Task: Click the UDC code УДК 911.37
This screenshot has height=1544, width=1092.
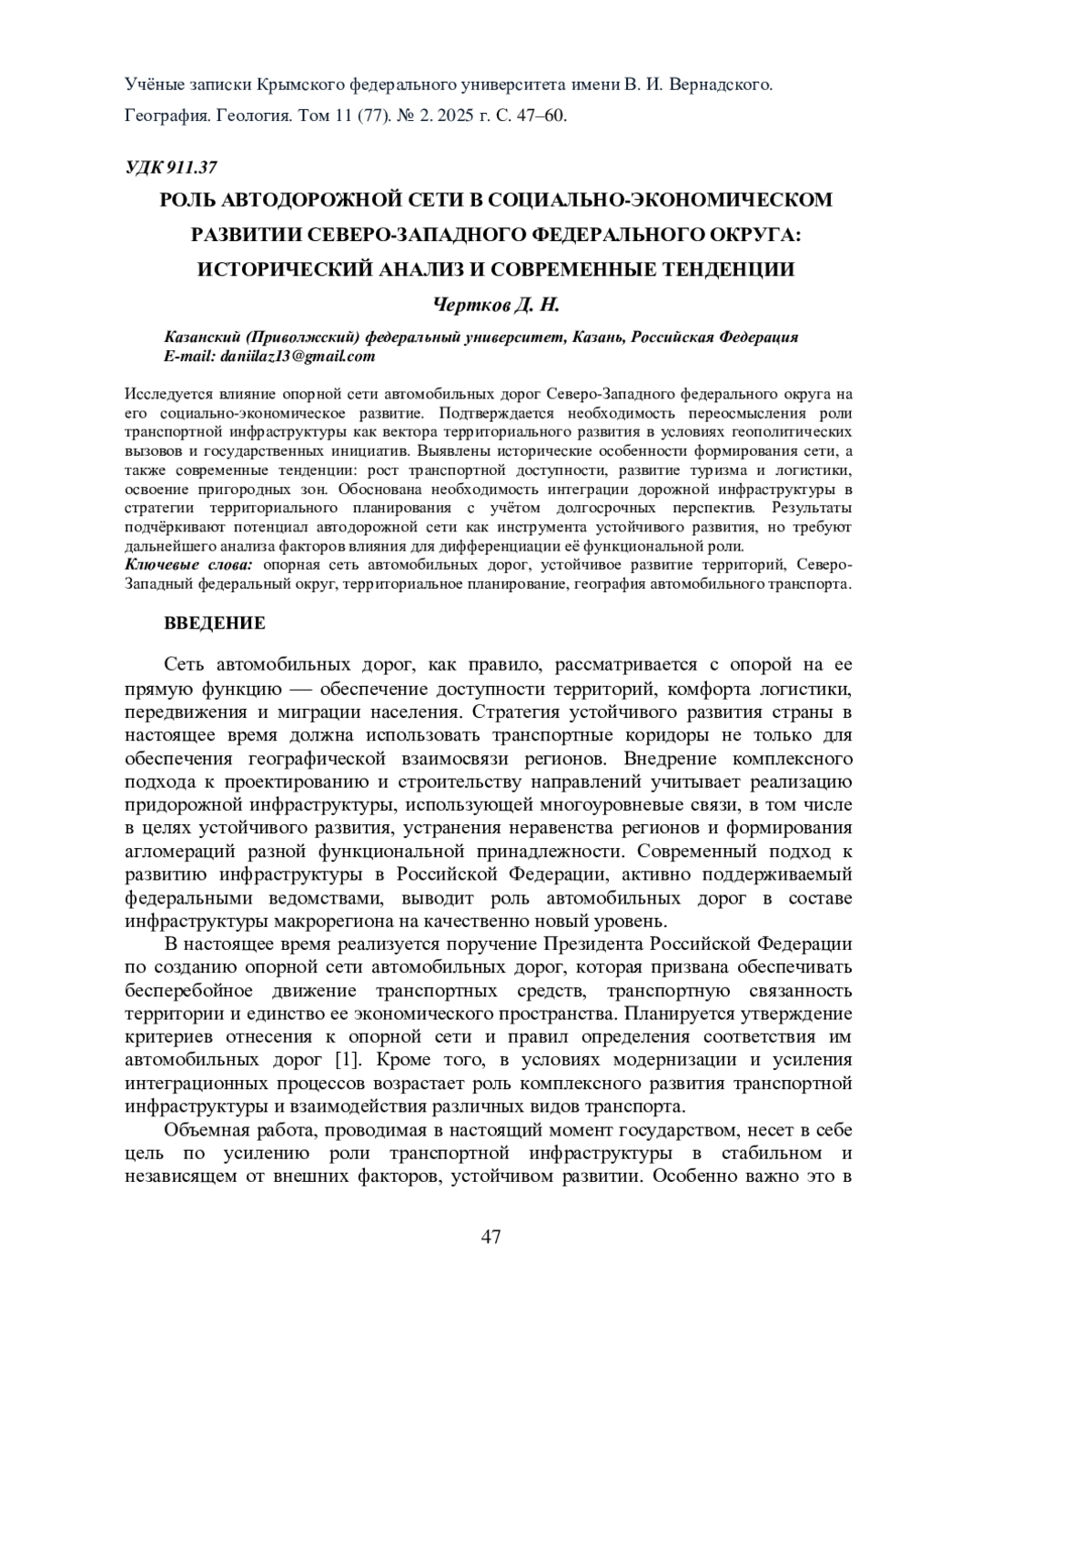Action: click(x=170, y=167)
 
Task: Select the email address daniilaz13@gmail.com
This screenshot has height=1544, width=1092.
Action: click(x=298, y=356)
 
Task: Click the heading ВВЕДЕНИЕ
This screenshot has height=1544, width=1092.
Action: click(x=215, y=623)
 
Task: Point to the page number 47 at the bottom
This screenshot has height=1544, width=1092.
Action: click(x=491, y=1236)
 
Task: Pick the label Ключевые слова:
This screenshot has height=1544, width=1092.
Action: click(x=190, y=565)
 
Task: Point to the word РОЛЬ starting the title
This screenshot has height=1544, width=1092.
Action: click(x=187, y=199)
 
